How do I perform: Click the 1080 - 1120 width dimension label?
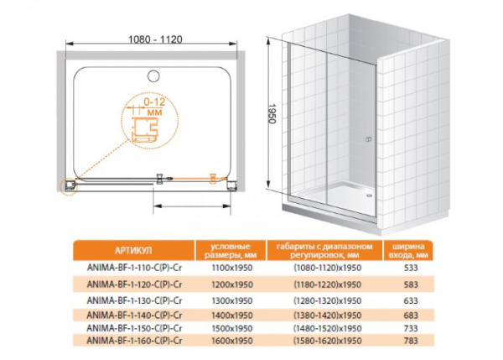155,39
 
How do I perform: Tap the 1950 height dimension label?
272,113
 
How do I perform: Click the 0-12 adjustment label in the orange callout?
154,102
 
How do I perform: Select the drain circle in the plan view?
153,76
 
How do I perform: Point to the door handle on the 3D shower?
368,139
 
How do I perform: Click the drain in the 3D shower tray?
369,195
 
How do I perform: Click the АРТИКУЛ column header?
133,251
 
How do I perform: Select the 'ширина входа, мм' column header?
408,251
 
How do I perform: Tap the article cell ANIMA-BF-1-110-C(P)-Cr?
134,268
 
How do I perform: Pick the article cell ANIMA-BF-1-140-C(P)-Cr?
134,315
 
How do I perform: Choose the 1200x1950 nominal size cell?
232,284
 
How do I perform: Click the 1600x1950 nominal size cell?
232,341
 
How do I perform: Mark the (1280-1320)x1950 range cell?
328,300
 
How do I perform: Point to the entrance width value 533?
411,268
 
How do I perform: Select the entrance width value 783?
411,341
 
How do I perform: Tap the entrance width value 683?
411,315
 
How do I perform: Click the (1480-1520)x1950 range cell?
328,328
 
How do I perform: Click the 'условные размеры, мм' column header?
231,251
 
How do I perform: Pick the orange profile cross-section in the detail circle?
145,129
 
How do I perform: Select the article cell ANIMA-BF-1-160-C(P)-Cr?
134,341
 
